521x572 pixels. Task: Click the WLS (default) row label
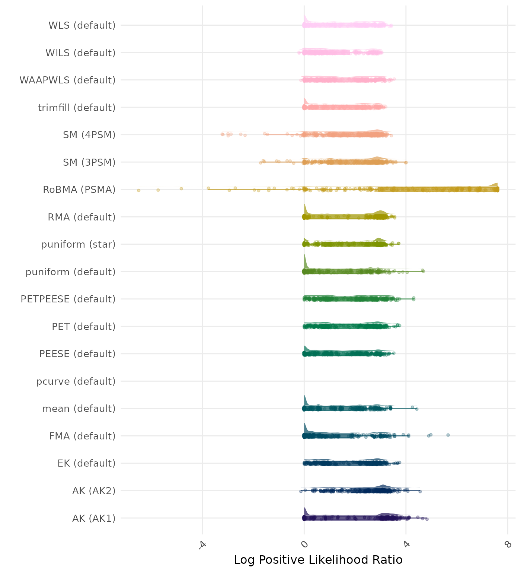coord(82,25)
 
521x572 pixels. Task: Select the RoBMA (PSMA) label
coord(79,190)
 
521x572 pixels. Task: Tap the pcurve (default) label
coord(76,381)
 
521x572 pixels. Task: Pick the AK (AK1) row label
coord(94,518)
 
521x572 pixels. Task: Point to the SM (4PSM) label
coord(89,135)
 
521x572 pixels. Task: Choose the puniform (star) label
coord(78,244)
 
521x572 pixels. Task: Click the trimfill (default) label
coord(77,108)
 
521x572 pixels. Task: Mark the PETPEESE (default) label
coord(68,299)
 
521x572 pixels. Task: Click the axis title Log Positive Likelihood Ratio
coord(318,560)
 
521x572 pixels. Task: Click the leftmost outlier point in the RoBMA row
coord(138,190)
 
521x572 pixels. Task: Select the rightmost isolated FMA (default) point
coord(448,435)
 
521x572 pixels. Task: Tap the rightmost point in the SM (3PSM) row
coord(406,162)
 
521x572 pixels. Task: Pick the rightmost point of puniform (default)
coord(423,271)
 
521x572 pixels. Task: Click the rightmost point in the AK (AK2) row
coord(420,492)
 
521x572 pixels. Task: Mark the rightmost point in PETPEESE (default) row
coord(413,299)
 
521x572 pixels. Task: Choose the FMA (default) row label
coord(82,436)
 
